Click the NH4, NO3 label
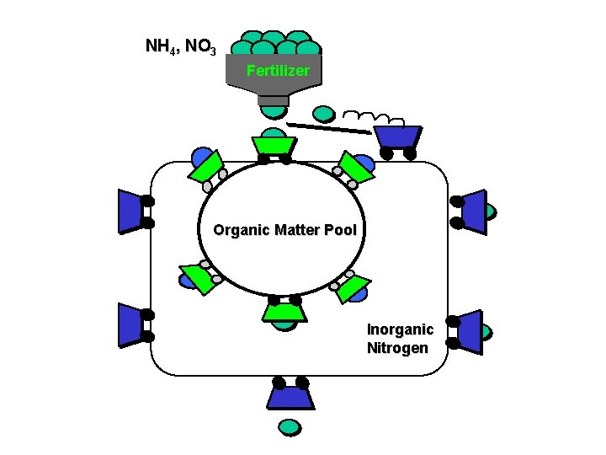point(181,46)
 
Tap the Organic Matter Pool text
point(284,230)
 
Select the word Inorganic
point(400,329)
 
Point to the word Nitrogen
point(397,348)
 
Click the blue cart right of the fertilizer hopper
point(396,136)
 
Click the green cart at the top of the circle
point(274,145)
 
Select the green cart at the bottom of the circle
point(284,312)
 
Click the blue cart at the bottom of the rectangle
point(290,396)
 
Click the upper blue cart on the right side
point(473,211)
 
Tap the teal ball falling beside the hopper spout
point(323,113)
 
